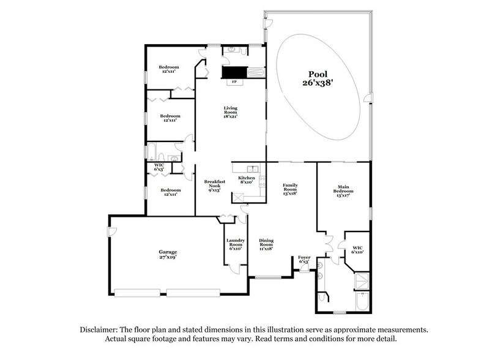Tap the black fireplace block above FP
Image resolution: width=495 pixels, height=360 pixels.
pyautogui.click(x=233, y=72)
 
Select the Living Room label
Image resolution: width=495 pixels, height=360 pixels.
pyautogui.click(x=230, y=111)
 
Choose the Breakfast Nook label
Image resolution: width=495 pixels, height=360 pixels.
pyautogui.click(x=214, y=186)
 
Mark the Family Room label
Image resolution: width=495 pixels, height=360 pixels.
pyautogui.click(x=289, y=189)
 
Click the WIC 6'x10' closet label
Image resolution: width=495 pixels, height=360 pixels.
pyautogui.click(x=357, y=249)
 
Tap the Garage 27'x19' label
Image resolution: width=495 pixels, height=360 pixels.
pyautogui.click(x=168, y=255)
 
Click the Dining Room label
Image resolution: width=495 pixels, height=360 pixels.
pyautogui.click(x=266, y=243)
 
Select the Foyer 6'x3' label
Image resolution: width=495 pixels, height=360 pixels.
pyautogui.click(x=304, y=259)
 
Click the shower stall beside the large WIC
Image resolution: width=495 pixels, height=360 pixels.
pyautogui.click(x=362, y=281)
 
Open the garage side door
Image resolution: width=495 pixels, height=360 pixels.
pyautogui.click(x=111, y=232)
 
